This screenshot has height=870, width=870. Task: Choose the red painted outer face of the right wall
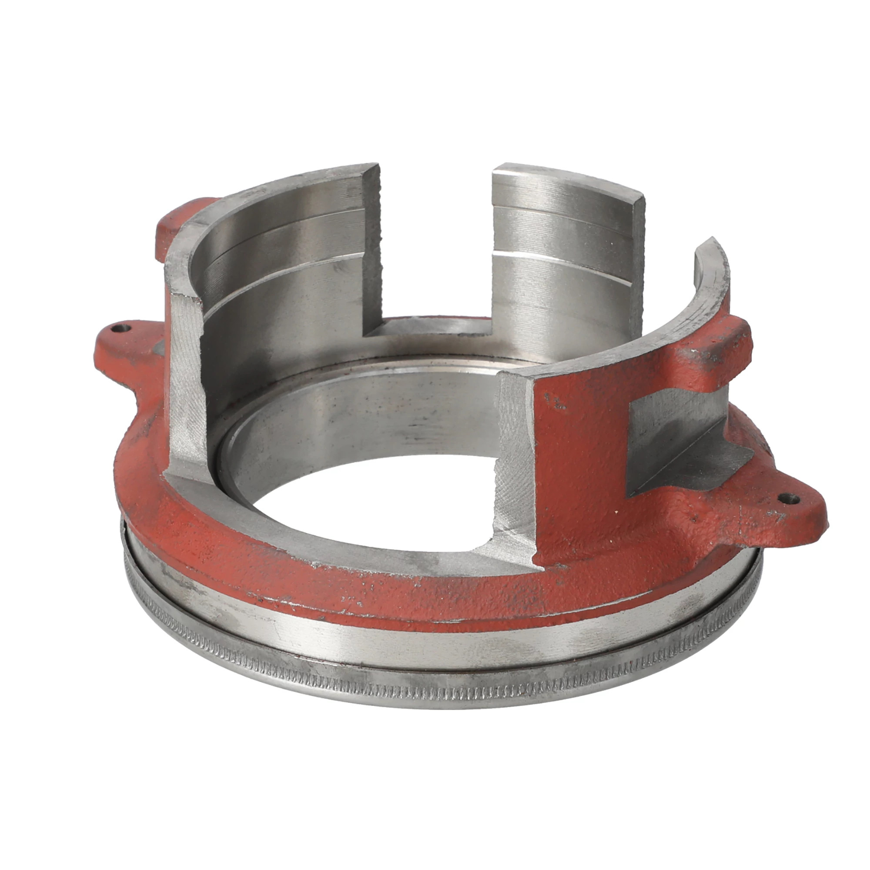(x=581, y=450)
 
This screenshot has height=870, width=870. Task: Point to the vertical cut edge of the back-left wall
(x=373, y=248)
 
